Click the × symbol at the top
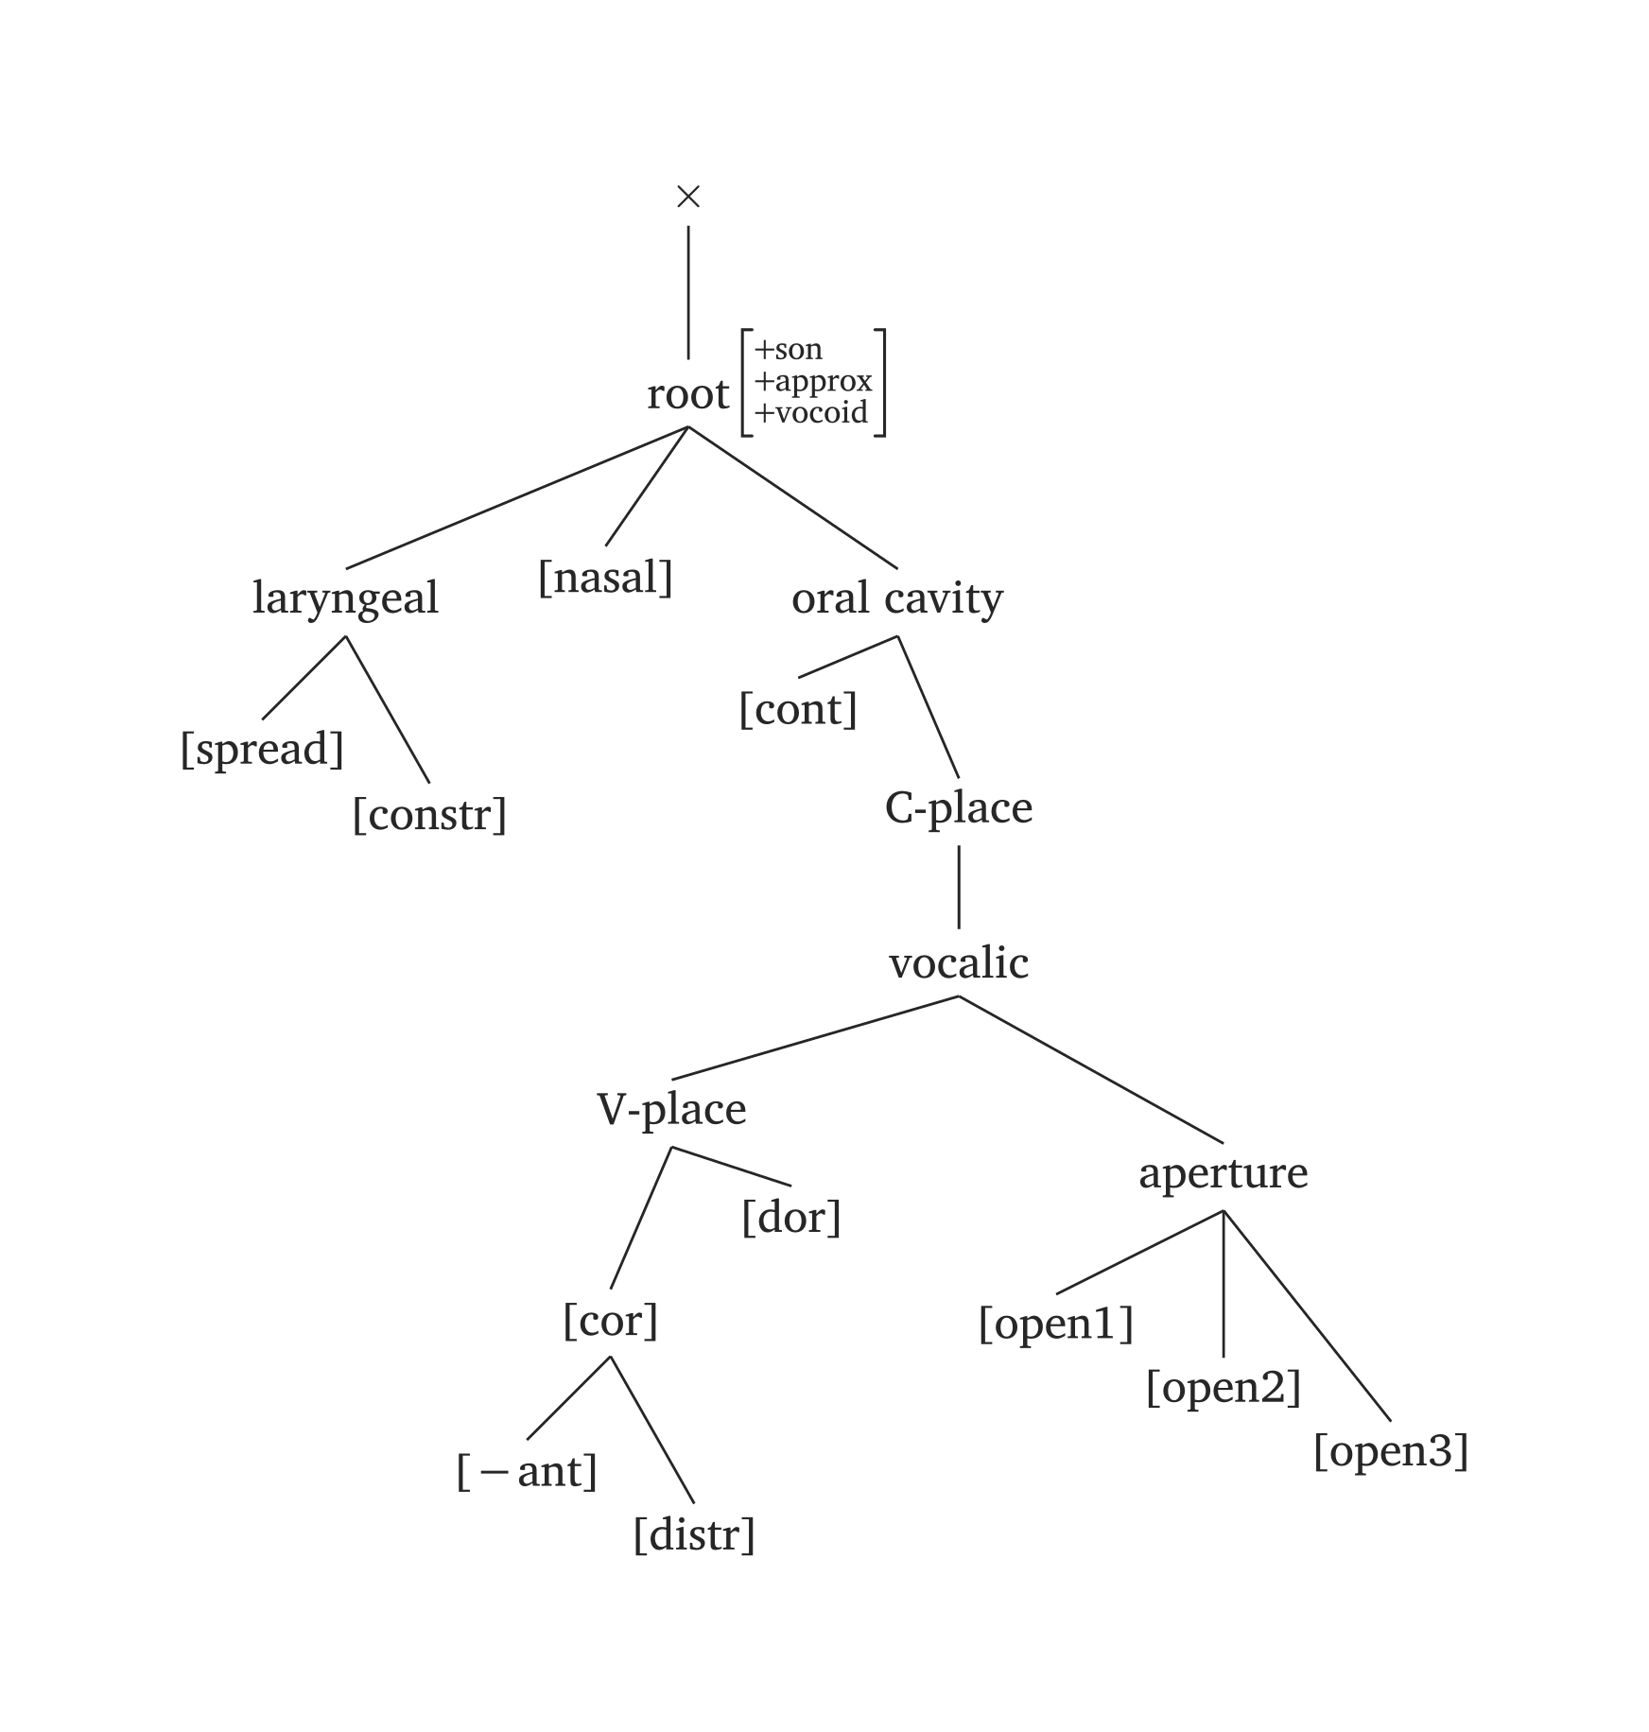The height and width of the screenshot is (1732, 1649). click(x=688, y=197)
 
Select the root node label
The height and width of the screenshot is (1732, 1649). click(x=687, y=394)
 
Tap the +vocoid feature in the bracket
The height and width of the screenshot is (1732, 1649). click(x=811, y=413)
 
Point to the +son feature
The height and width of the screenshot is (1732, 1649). click(x=789, y=350)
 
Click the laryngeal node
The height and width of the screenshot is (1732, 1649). click(x=345, y=598)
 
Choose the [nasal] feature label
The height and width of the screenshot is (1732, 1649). click(x=605, y=578)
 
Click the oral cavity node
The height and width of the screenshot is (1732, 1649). click(x=896, y=598)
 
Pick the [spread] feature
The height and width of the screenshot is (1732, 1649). click(x=262, y=749)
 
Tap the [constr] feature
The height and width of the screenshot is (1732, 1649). click(x=429, y=814)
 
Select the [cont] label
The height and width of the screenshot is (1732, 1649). click(x=798, y=709)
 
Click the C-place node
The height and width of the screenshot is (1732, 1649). click(x=958, y=808)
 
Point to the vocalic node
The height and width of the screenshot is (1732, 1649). click(x=958, y=963)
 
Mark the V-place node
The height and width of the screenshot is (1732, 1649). click(x=671, y=1109)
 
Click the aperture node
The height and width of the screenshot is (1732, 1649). click(x=1223, y=1173)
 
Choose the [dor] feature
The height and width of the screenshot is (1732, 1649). click(x=790, y=1218)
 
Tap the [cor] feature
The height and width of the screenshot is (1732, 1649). click(x=610, y=1321)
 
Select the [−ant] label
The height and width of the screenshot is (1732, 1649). click(x=527, y=1472)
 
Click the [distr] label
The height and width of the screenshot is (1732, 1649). click(x=694, y=1535)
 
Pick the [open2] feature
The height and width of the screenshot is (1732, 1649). click(x=1223, y=1388)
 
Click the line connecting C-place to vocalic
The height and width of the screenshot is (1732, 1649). click(x=959, y=887)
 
